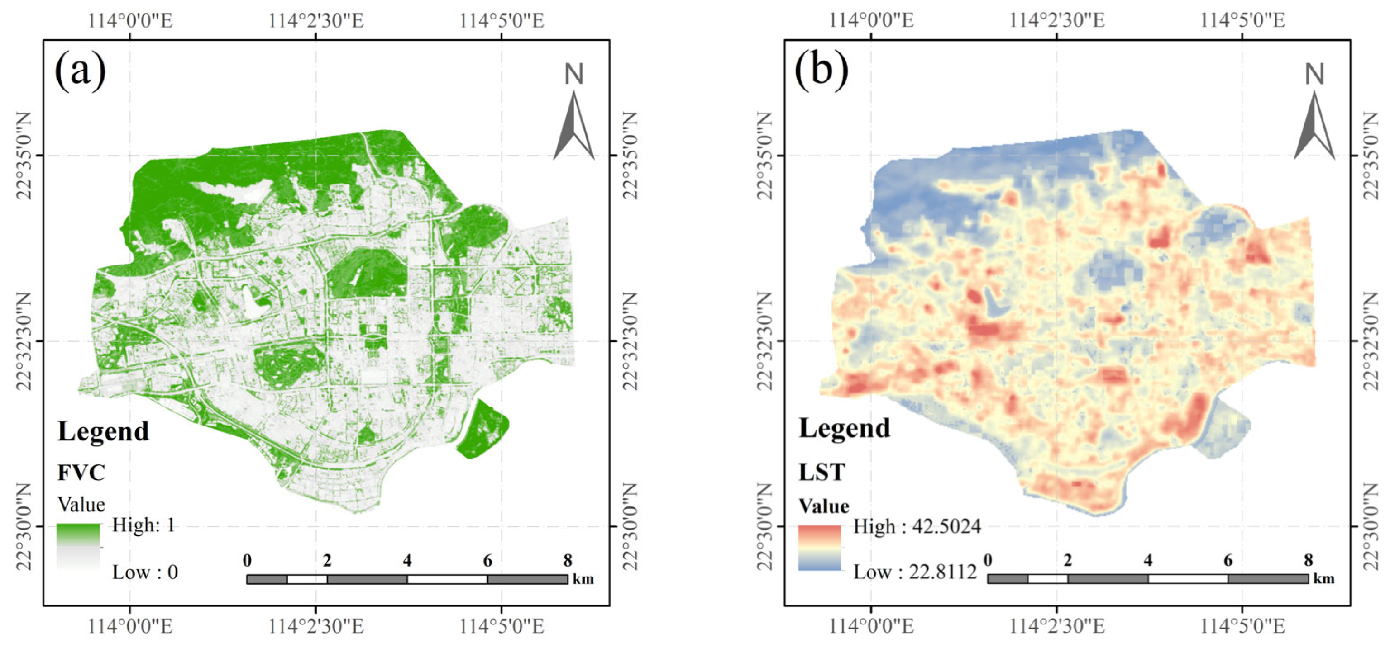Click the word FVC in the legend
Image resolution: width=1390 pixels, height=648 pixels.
point(81,473)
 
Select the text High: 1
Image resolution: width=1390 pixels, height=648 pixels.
point(143,525)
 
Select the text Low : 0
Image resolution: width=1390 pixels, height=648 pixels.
point(144,572)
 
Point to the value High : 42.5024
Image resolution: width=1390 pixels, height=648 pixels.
point(917,527)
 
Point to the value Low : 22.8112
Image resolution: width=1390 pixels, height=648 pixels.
point(915,572)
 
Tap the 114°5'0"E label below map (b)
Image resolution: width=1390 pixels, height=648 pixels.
point(1242,626)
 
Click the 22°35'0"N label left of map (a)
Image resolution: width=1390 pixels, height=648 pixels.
point(25,155)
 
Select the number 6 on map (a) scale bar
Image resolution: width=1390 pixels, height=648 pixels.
point(487,561)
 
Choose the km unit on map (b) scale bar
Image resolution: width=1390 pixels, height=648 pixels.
point(1323,579)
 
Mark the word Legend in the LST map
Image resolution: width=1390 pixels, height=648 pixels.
point(844,429)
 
